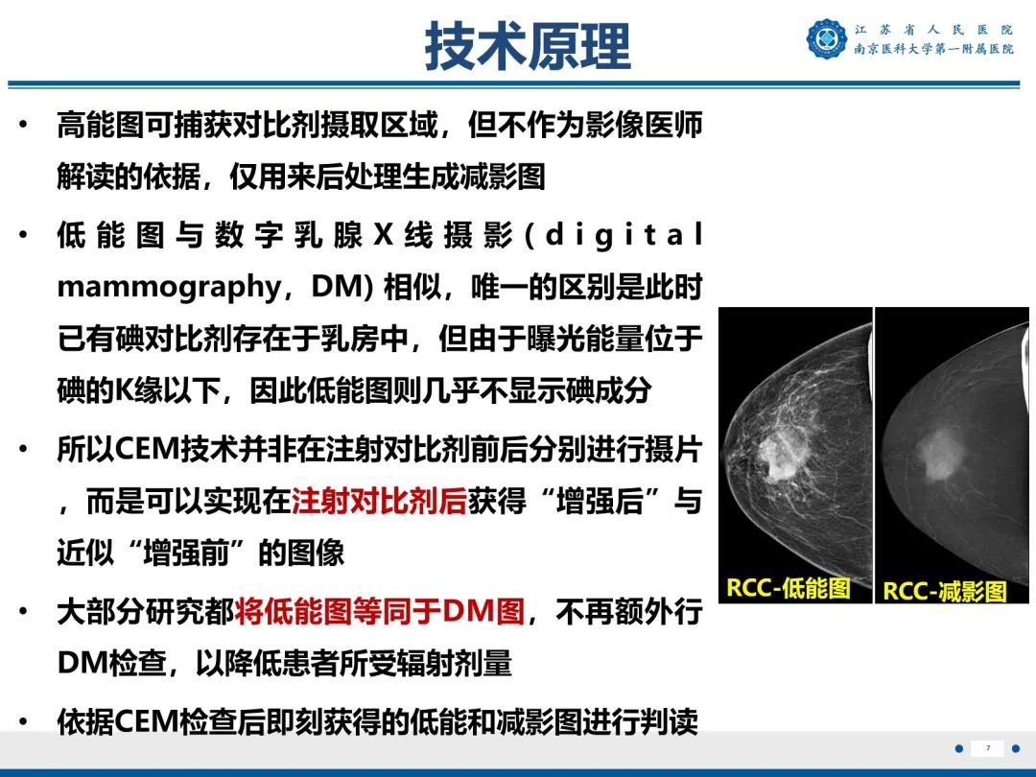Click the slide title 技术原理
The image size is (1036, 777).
528,46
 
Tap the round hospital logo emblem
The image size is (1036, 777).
827,39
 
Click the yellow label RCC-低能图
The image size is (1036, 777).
788,587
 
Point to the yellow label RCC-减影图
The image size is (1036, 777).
945,591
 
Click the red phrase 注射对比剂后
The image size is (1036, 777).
379,502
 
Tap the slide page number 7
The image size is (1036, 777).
987,748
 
